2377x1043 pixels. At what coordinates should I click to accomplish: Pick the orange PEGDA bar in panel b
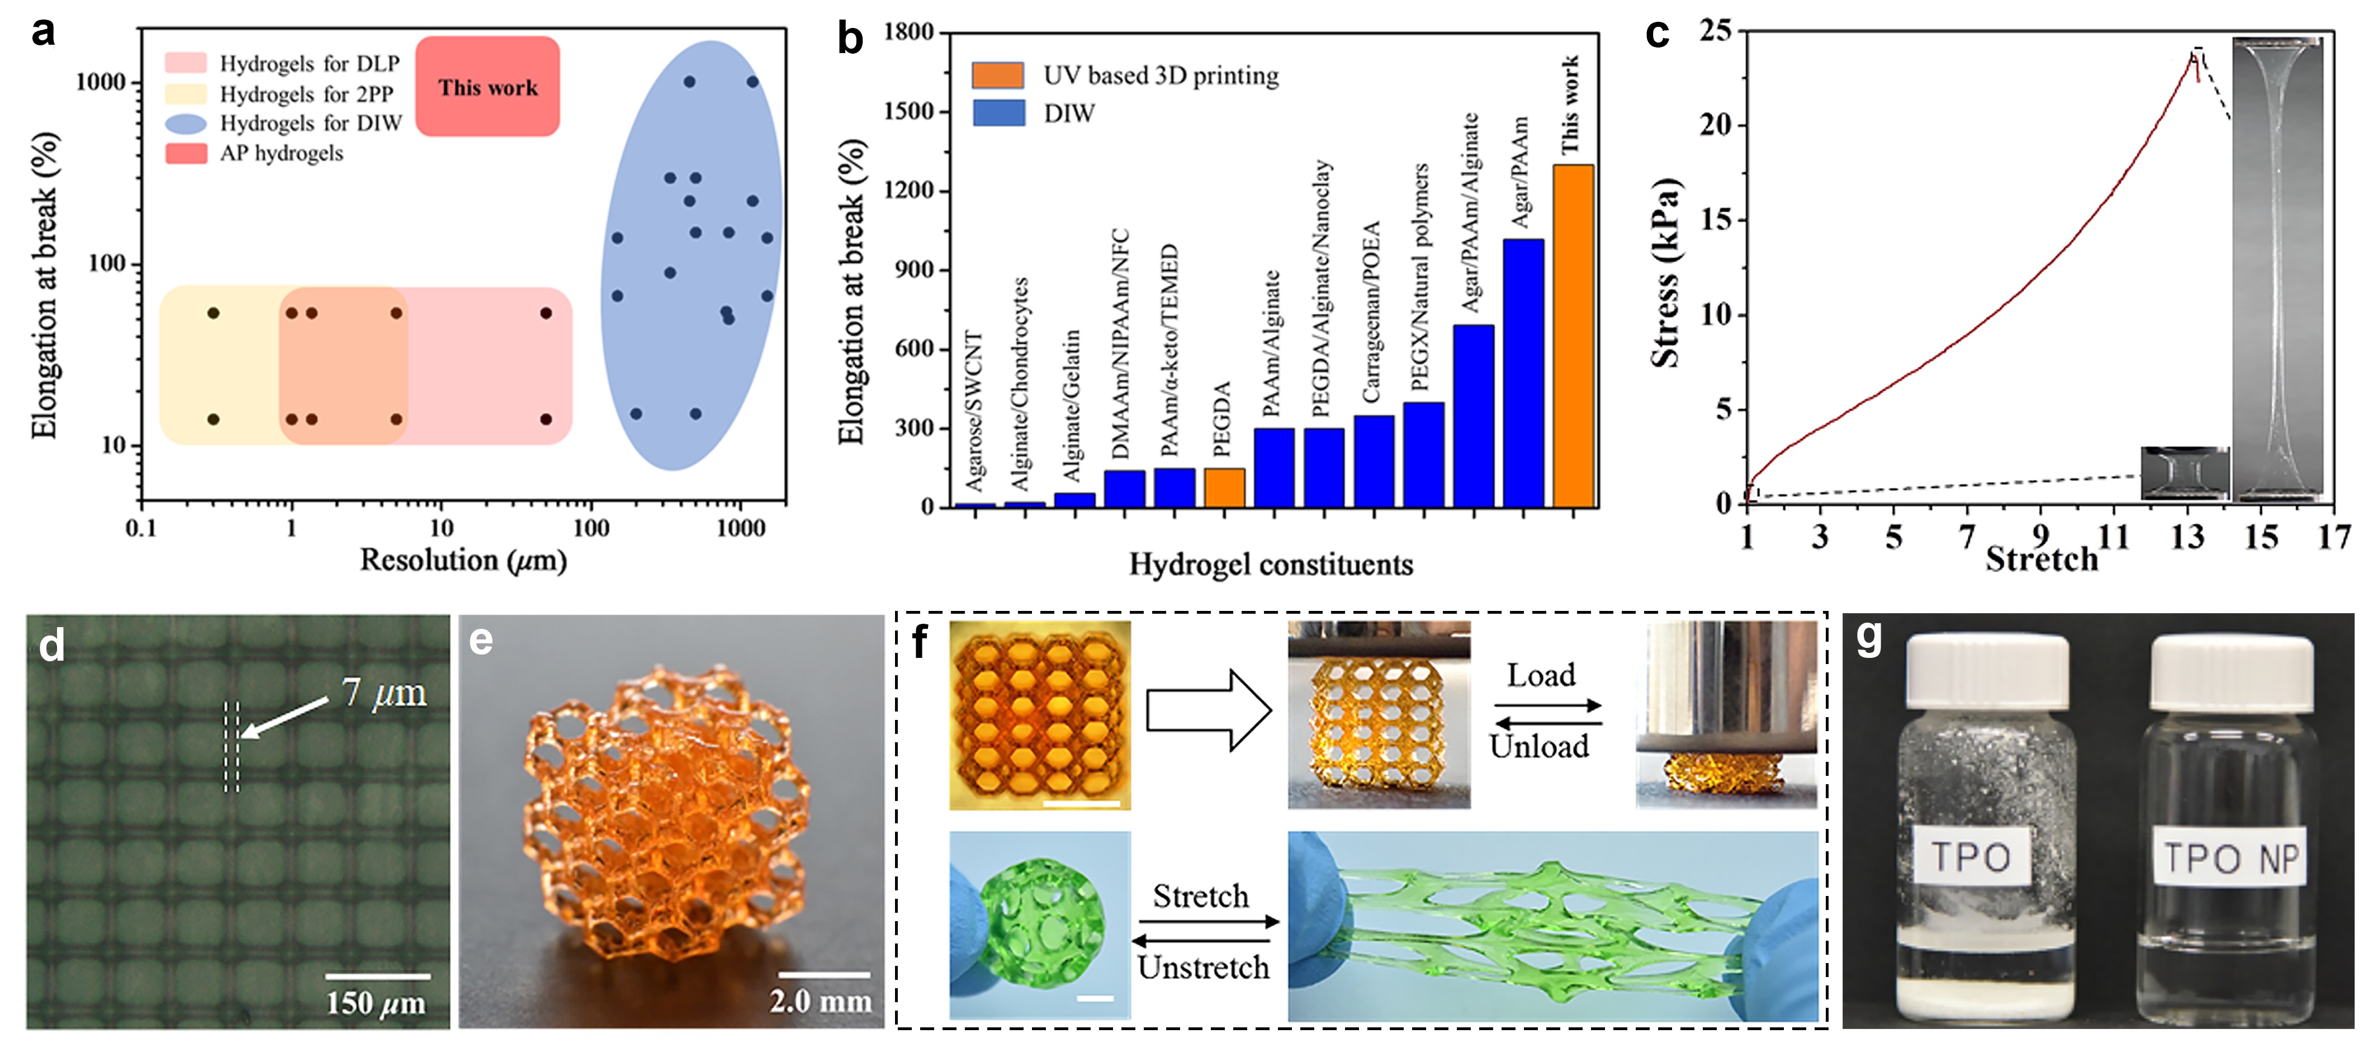tap(1224, 487)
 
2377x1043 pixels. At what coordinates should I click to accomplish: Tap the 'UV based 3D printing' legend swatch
tap(997, 75)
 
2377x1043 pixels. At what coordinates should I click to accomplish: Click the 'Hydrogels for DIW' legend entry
tap(310, 123)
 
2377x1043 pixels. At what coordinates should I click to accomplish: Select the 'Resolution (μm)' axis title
tap(463, 560)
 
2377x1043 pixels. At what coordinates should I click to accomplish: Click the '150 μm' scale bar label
tap(376, 1002)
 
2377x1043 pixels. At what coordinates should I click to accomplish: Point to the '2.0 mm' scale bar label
tap(820, 1001)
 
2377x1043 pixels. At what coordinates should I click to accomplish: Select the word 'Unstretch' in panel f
tap(1203, 968)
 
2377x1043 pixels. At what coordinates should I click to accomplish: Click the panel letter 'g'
tap(1869, 637)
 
